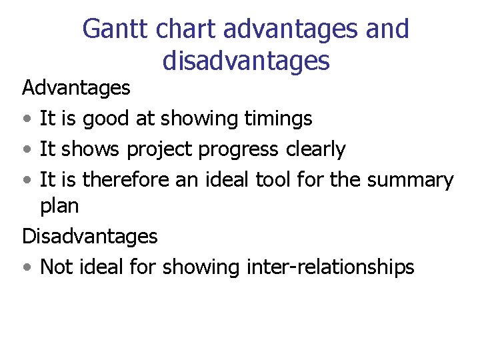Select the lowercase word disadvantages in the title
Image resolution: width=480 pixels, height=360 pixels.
pyautogui.click(x=246, y=61)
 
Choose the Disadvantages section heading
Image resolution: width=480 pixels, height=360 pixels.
pyautogui.click(x=90, y=236)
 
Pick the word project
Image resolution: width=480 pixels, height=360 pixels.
pyautogui.click(x=157, y=150)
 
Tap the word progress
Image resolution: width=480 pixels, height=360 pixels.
pyautogui.click(x=235, y=150)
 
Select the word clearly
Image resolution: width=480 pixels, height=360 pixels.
pyautogui.click(x=315, y=149)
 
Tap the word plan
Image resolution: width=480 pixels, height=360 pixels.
pyautogui.click(x=59, y=207)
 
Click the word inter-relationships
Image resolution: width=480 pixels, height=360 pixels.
pyautogui.click(x=330, y=267)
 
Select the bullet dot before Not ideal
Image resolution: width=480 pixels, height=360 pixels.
pyautogui.click(x=25, y=268)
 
